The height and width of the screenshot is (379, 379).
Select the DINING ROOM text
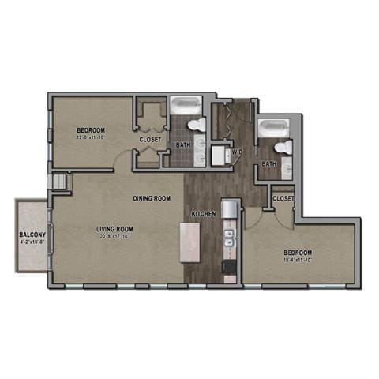[152, 198]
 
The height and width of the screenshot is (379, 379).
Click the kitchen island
[189, 242]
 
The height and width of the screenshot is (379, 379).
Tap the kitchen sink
[229, 238]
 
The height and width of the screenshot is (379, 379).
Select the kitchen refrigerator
[229, 208]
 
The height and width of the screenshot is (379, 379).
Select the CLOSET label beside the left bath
[151, 140]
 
